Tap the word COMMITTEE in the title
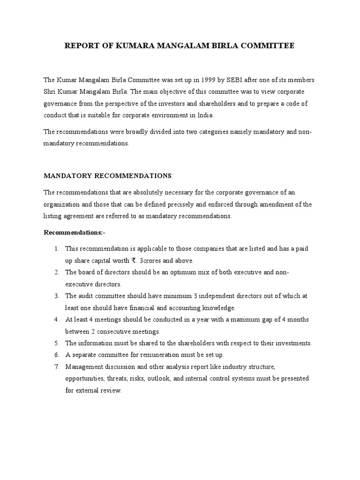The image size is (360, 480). click(x=267, y=46)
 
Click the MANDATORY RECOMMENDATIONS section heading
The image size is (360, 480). click(x=108, y=176)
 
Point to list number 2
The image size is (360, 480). click(x=56, y=272)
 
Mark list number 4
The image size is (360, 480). click(x=56, y=319)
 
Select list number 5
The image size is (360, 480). click(x=56, y=343)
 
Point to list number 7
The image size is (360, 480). click(x=56, y=367)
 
